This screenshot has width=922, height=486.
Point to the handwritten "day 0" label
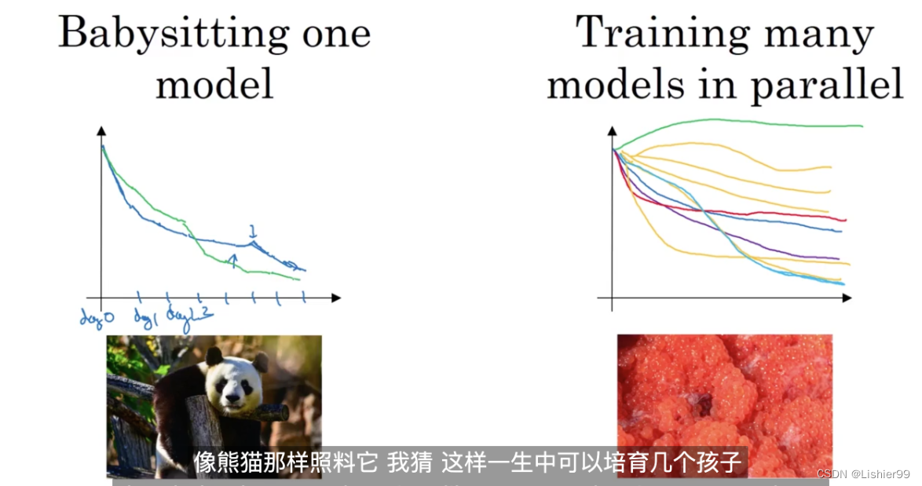97,316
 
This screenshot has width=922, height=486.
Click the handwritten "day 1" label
146,316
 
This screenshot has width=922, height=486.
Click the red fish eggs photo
724,393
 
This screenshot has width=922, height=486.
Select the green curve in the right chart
746,121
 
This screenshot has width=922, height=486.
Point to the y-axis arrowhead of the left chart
101,129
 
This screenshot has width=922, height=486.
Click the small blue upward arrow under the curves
232,260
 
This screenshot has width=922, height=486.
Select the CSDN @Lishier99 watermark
863,474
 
